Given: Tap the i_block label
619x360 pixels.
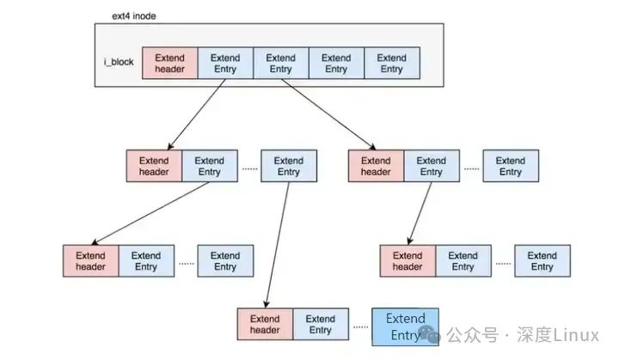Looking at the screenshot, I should pyautogui.click(x=117, y=64).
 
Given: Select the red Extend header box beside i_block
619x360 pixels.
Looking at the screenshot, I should pyautogui.click(x=169, y=64).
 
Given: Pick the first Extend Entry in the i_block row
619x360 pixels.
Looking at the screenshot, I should pyautogui.click(x=225, y=64).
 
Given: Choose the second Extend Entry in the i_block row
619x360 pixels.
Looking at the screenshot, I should pyautogui.click(x=280, y=64).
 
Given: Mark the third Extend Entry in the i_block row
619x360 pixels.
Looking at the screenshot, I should pyautogui.click(x=336, y=64).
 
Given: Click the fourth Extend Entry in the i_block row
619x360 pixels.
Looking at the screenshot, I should pyautogui.click(x=391, y=64).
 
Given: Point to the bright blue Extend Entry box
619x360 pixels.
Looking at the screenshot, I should pyautogui.click(x=405, y=326).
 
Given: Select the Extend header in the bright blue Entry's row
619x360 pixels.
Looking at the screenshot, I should pyautogui.click(x=265, y=325).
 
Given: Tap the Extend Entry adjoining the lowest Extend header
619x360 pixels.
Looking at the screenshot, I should pyautogui.click(x=321, y=325).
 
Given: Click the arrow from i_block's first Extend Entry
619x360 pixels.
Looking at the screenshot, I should pyautogui.click(x=197, y=115).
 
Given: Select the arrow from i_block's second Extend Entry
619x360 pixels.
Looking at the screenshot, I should pyautogui.click(x=328, y=112).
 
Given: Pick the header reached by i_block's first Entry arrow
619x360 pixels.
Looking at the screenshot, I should pyautogui.click(x=154, y=166).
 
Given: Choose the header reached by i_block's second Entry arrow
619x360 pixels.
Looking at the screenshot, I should pyautogui.click(x=376, y=166).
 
